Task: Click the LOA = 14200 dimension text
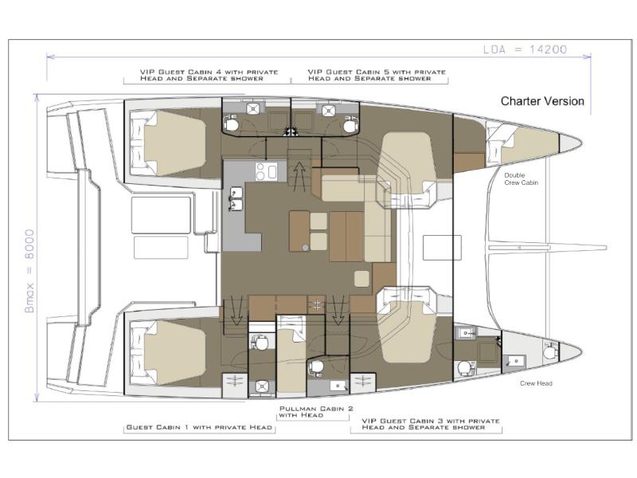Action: [525, 49]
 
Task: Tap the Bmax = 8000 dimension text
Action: [29, 271]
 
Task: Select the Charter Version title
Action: [542, 101]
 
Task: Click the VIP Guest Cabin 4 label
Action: [209, 75]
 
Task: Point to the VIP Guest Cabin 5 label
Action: [377, 75]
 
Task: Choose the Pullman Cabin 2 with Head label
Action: [316, 412]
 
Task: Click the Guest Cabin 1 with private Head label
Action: [199, 427]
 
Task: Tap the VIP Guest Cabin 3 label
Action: [431, 424]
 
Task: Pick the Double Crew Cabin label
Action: [522, 178]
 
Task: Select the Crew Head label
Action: [536, 383]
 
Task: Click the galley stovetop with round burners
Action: [266, 171]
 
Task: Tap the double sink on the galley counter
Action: [236, 198]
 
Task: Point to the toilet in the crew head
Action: [549, 350]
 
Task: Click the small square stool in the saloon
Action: [361, 279]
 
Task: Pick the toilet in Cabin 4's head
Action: [232, 123]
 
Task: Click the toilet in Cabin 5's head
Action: [350, 124]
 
